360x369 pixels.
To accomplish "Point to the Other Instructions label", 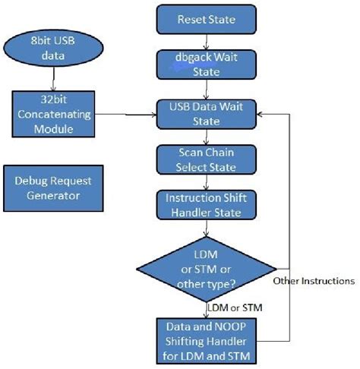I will point(313,281).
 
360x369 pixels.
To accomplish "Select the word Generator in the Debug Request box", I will point(47,196).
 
